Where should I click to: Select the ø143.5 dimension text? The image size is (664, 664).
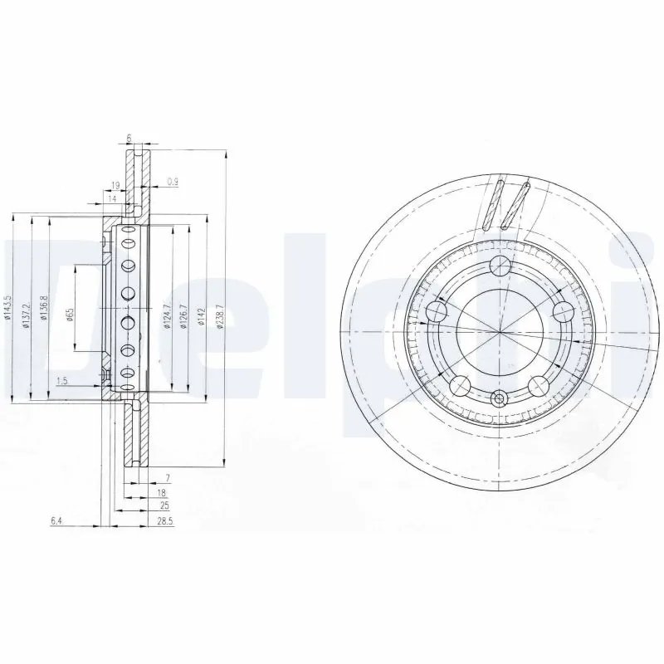coord(7,307)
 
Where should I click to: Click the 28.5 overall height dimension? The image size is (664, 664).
coord(164,521)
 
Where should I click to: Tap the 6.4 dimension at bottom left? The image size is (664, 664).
coord(56,521)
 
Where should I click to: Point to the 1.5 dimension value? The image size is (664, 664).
coord(61,381)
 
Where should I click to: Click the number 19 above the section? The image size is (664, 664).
coord(115,185)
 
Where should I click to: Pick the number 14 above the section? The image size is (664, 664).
coord(110,199)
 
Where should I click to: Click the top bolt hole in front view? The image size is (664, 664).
coord(499,266)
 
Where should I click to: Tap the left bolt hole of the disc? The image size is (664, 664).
coord(437,311)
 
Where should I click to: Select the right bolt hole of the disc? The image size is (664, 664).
coord(563,311)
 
